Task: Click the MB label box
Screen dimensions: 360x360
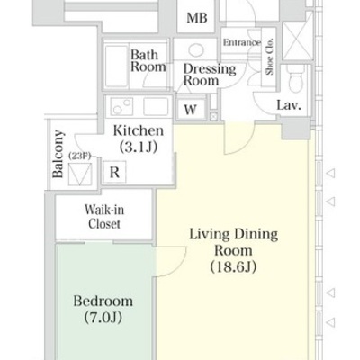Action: (196, 18)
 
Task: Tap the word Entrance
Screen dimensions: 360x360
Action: (242, 42)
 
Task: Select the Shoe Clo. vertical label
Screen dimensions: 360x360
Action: (270, 57)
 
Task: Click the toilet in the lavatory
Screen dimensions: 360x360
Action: (295, 78)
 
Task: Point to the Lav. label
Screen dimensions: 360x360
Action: (289, 105)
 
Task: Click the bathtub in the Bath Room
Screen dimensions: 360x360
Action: (116, 67)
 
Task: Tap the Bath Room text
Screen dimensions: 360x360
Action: (148, 61)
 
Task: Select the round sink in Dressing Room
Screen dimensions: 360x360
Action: (196, 49)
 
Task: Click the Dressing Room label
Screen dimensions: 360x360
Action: (210, 75)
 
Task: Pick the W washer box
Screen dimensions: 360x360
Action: (191, 110)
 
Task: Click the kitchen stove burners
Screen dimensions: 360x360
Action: (121, 106)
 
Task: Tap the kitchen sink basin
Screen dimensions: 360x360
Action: (156, 106)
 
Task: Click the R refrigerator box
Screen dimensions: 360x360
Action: (114, 172)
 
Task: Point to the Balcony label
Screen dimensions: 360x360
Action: (58, 154)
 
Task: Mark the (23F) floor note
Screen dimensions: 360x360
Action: (80, 156)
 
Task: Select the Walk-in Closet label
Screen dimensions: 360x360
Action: (104, 217)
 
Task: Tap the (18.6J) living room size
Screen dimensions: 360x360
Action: (233, 266)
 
